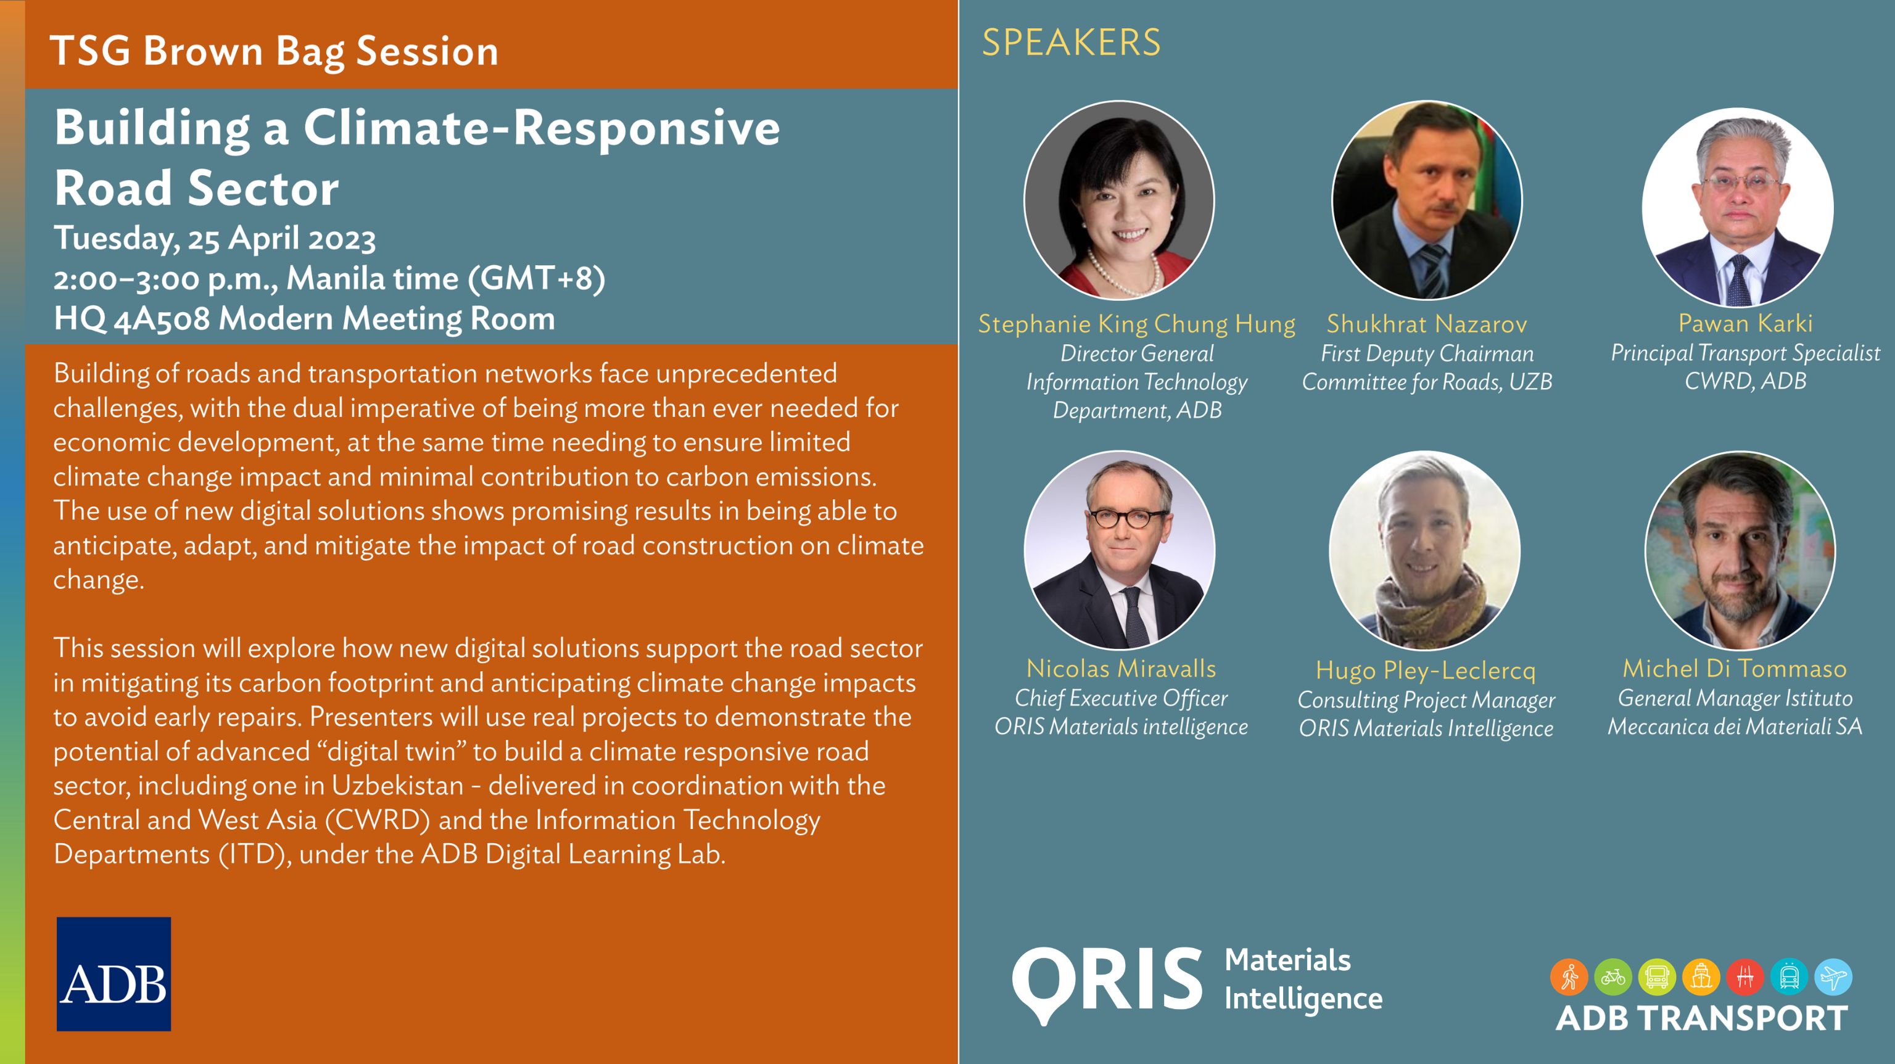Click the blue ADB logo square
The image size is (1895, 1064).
click(x=114, y=973)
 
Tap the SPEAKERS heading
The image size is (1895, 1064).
click(x=1071, y=43)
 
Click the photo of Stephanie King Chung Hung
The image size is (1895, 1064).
click(x=1119, y=200)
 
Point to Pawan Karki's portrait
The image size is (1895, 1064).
click(x=1737, y=206)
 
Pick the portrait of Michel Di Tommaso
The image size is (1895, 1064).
click(x=1739, y=550)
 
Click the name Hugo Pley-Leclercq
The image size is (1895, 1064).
click(x=1426, y=670)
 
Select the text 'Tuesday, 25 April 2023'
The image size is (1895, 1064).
click(x=214, y=239)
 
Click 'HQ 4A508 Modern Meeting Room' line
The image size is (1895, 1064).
click(x=304, y=320)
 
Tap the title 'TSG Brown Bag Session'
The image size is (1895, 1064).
click(x=274, y=52)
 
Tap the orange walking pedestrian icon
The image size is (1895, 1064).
click(x=1569, y=977)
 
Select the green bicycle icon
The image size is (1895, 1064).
click(x=1612, y=977)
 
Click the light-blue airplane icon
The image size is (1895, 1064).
click(x=1833, y=977)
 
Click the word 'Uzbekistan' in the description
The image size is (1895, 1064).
click(x=397, y=786)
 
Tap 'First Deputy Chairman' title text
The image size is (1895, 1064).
click(x=1427, y=354)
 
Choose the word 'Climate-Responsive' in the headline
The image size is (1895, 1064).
click(x=542, y=128)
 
